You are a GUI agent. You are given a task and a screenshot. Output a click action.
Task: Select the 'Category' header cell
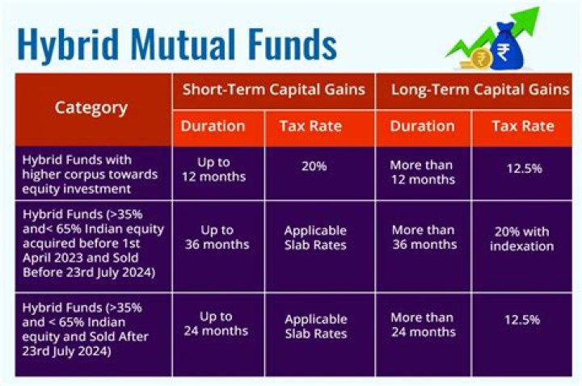coord(91,107)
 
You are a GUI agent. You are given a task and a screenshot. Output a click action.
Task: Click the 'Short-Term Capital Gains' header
coord(272,89)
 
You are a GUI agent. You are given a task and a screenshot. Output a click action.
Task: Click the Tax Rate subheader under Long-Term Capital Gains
coord(522,126)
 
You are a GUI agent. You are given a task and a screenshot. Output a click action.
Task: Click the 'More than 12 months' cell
coord(422,172)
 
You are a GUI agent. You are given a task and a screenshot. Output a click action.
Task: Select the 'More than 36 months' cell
coord(422,237)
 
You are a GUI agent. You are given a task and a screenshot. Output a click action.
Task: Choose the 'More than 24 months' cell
coord(422,324)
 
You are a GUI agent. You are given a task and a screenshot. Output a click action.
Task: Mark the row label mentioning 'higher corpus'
coord(77,173)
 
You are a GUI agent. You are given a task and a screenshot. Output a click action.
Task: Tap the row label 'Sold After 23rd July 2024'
coord(86,329)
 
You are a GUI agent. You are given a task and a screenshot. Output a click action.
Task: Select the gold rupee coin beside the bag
coord(479,57)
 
